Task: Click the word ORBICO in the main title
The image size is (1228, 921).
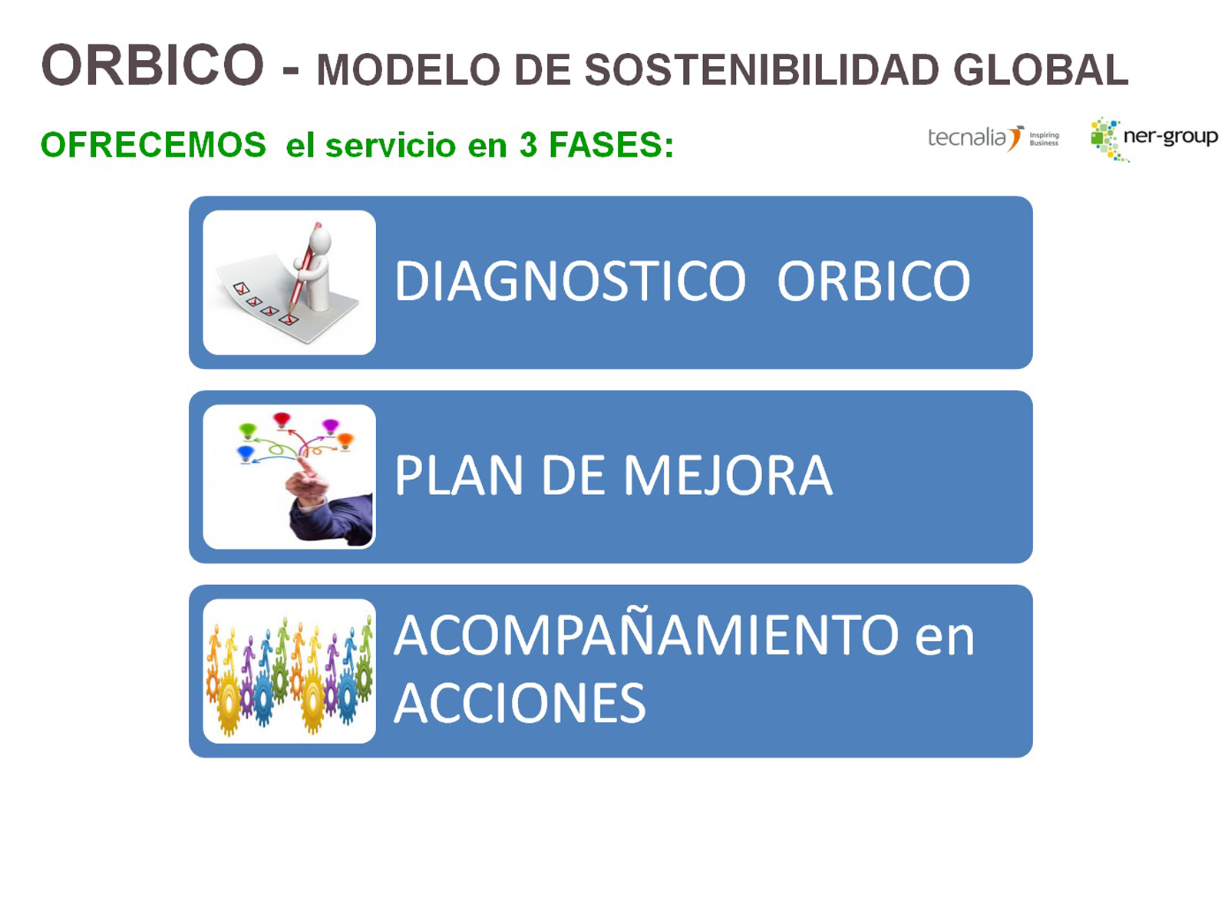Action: [152, 65]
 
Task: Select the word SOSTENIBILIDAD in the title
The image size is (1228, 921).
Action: [762, 70]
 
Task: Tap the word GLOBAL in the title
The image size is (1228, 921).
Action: [1041, 70]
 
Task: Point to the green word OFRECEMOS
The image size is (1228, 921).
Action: [153, 144]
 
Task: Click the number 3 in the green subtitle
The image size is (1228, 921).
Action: [528, 144]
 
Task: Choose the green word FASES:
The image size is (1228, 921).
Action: [611, 144]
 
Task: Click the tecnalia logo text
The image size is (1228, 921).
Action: [967, 137]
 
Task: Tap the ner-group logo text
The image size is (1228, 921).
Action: [1170, 137]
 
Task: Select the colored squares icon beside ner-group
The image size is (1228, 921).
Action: [1106, 139]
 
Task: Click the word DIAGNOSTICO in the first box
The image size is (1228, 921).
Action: [570, 281]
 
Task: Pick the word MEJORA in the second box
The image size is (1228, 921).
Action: [728, 475]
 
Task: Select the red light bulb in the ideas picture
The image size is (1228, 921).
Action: [282, 419]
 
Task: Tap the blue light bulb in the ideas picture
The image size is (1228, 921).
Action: [246, 452]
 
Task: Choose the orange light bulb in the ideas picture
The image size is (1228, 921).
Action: [345, 441]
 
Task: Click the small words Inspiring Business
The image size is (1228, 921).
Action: [1044, 139]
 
